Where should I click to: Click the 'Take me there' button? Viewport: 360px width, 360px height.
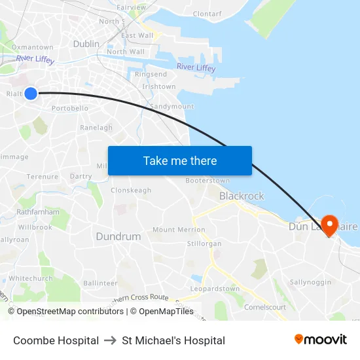tap(180, 161)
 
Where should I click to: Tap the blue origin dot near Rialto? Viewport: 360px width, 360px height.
tap(30, 94)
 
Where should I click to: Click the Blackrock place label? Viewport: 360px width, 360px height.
tap(242, 196)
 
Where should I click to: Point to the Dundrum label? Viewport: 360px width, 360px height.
tap(118, 236)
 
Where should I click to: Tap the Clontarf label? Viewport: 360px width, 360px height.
tap(207, 14)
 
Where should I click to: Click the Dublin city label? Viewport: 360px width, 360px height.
tap(86, 44)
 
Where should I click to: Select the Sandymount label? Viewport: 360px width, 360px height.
tap(171, 106)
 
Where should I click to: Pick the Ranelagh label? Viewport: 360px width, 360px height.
tap(96, 128)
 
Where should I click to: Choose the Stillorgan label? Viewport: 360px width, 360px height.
tap(204, 243)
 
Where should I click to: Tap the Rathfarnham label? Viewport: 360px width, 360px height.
tap(38, 212)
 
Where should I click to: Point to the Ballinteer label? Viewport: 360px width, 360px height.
tap(100, 283)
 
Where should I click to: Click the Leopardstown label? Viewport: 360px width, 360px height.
tap(215, 289)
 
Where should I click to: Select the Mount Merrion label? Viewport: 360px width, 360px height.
tap(179, 230)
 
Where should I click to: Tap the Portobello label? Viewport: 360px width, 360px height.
tap(70, 108)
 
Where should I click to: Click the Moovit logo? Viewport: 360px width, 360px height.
tap(321, 339)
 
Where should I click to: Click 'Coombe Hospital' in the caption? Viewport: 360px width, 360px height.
tap(56, 340)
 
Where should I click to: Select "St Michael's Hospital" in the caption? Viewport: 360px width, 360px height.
tap(173, 340)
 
